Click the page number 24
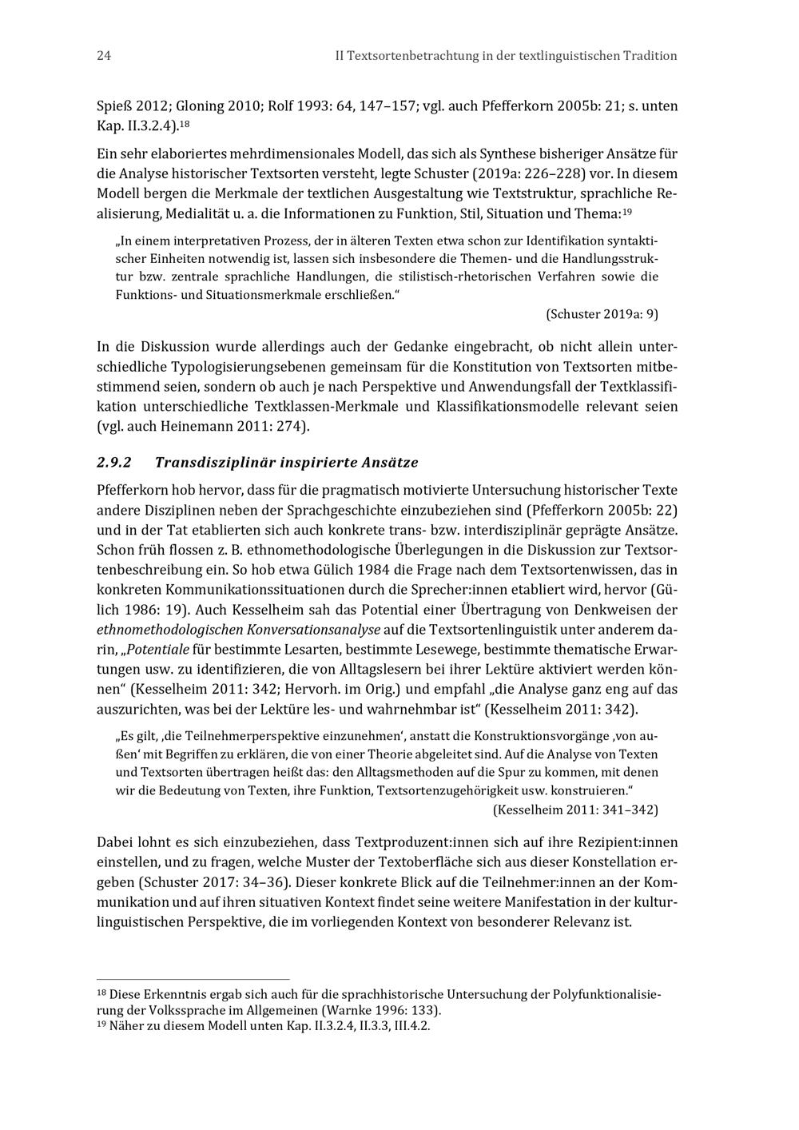pos(103,56)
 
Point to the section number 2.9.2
pos(113,463)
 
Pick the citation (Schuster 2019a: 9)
pos(602,314)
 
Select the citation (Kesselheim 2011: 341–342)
pos(575,810)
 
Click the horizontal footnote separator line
pos(193,979)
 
